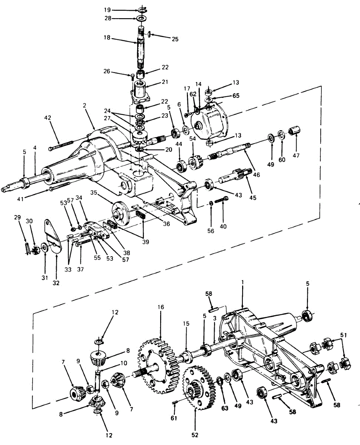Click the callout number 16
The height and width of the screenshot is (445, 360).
pyautogui.click(x=161, y=307)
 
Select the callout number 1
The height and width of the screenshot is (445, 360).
pyautogui.click(x=242, y=282)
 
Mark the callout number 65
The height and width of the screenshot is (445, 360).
pyautogui.click(x=236, y=95)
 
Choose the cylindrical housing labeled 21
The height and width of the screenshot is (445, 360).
pyautogui.click(x=140, y=91)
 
